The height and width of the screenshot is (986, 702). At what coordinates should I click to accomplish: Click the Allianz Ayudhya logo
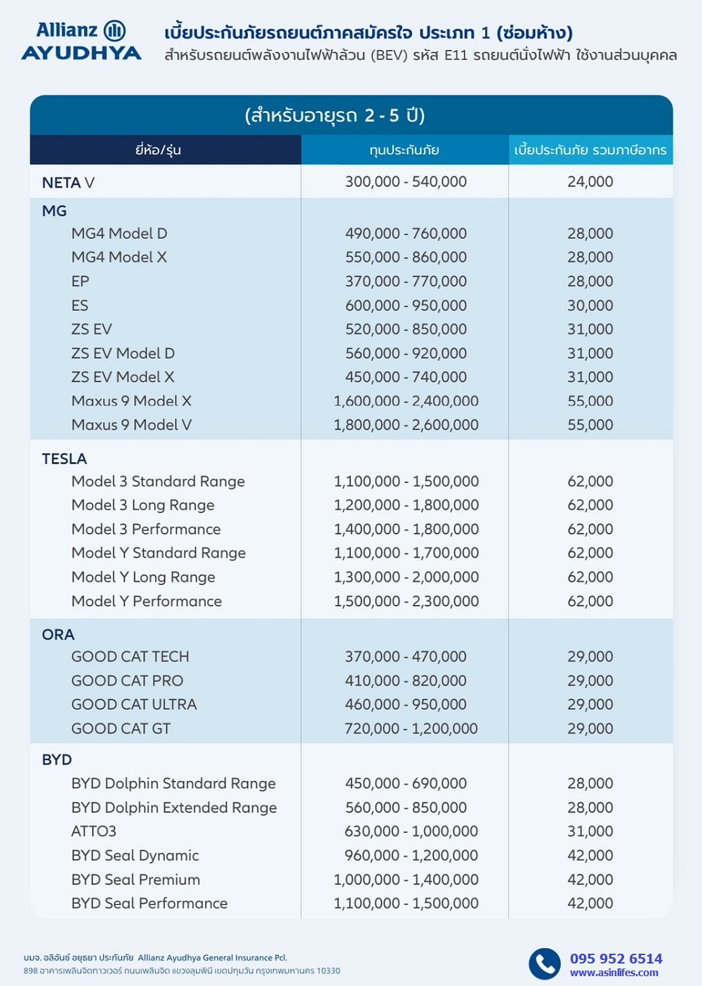81,41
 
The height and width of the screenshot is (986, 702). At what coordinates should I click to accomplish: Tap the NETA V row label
68,183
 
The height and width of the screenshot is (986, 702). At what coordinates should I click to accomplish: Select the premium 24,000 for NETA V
590,182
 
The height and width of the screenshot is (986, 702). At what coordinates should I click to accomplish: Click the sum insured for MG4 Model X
406,257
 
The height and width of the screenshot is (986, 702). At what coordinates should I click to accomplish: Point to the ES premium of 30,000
590,305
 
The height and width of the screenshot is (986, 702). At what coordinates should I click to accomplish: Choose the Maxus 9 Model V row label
131,425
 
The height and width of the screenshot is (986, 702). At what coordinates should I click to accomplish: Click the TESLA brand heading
65,459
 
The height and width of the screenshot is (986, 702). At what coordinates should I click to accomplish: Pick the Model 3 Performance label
146,529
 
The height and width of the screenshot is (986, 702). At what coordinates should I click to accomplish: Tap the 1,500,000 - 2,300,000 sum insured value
406,601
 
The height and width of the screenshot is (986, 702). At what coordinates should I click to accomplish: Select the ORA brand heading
58,634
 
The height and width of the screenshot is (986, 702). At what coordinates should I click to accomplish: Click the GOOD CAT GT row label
121,728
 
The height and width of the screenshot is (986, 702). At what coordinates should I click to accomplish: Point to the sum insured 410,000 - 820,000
406,681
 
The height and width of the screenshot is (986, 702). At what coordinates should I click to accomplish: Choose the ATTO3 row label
94,831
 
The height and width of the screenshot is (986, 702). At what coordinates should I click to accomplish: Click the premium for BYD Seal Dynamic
590,855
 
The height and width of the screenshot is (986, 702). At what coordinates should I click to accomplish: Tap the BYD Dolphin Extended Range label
174,808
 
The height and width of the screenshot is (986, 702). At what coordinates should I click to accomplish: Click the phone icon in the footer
544,964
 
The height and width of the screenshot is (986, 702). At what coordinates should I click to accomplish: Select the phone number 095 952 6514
616,959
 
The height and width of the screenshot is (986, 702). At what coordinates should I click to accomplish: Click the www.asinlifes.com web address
614,973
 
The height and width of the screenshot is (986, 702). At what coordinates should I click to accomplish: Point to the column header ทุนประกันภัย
404,150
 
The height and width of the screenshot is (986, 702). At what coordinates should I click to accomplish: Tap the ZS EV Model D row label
123,353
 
